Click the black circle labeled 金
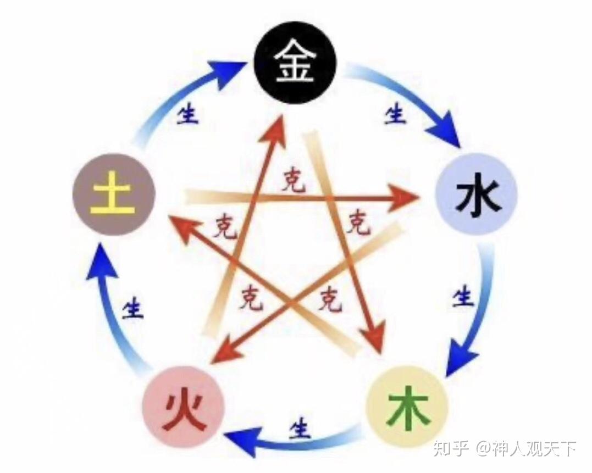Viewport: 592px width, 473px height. (x=295, y=62)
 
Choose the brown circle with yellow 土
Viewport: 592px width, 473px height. (x=114, y=194)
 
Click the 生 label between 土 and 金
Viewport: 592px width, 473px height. (x=187, y=115)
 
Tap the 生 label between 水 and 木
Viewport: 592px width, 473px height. (x=463, y=297)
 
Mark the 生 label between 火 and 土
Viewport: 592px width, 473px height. (x=133, y=308)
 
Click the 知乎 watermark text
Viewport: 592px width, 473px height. (x=451, y=448)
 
